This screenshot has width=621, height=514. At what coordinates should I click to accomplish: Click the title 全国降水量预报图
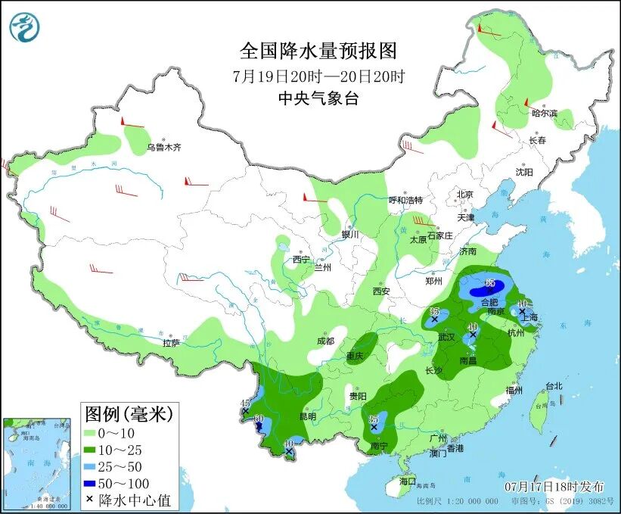318,51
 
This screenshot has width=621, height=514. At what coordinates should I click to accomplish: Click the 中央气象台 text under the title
318,98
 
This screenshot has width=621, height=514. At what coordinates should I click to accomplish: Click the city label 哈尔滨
543,114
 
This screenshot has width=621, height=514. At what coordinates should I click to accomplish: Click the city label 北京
464,195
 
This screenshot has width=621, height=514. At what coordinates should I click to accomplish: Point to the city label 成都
325,341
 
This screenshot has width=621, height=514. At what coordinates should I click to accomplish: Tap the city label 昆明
308,416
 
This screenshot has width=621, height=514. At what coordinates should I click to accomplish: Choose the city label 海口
407,481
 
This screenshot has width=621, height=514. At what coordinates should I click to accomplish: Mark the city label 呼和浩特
405,201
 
